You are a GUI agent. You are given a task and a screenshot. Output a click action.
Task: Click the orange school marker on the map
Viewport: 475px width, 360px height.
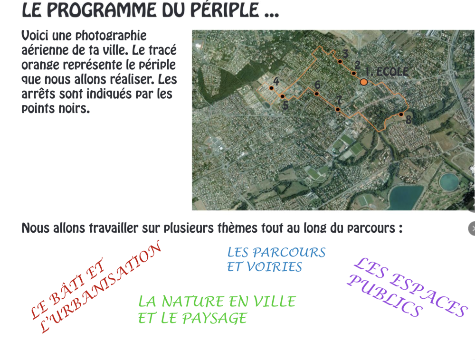coord(364,82)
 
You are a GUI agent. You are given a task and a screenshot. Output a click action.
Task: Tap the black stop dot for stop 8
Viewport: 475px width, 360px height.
coord(401,114)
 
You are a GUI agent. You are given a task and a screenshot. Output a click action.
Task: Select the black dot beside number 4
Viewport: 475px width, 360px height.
coord(271,88)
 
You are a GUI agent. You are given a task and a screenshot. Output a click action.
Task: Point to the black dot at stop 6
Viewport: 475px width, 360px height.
coord(316,94)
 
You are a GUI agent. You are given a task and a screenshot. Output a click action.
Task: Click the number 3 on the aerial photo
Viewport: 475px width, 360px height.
coord(345,54)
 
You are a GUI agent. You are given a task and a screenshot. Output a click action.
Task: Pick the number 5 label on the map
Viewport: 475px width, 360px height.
coord(285,105)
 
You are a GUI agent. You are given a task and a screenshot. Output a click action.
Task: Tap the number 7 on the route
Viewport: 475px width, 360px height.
coord(340,100)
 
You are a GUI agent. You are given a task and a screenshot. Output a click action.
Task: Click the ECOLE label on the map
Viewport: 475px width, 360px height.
coord(392,72)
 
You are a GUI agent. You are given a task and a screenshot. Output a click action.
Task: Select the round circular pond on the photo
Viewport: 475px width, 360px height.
coord(449,182)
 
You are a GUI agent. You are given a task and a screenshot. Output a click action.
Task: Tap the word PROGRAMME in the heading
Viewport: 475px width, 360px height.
coord(102,10)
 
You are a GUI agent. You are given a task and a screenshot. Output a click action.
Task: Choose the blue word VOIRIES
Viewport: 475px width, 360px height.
coord(265,267)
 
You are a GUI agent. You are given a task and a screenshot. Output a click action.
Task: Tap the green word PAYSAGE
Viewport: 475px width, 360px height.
coord(215,318)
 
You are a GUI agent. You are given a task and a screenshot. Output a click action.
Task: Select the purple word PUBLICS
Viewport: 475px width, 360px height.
coord(385,296)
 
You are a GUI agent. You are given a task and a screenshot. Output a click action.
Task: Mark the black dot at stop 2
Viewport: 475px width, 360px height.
coord(353,73)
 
